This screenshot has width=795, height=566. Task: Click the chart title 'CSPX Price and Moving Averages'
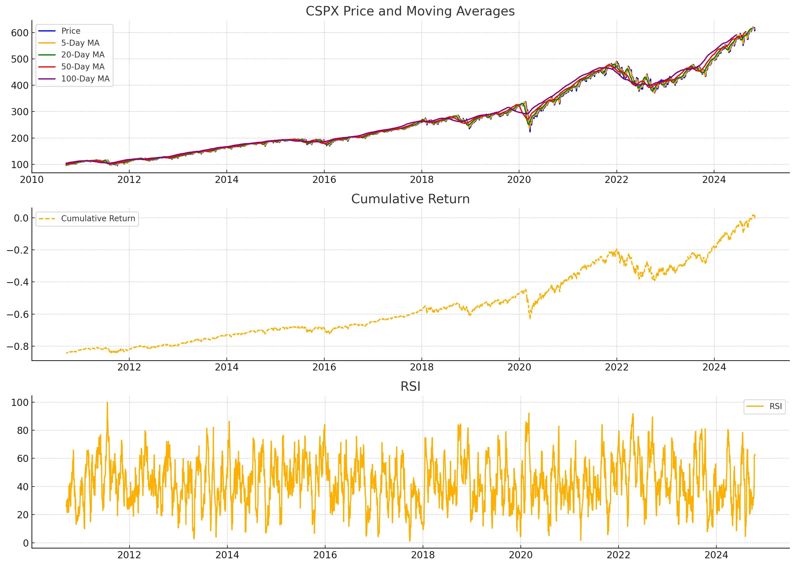(410, 11)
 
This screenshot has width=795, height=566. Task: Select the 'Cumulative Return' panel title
(410, 199)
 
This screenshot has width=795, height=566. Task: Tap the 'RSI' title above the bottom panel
(410, 386)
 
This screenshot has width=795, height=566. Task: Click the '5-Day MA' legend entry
(80, 43)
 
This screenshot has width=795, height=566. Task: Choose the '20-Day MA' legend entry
(83, 55)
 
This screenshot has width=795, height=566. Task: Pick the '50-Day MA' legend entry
(83, 67)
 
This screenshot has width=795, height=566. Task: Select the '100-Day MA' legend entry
(85, 79)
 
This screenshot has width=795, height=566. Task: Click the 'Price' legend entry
(71, 31)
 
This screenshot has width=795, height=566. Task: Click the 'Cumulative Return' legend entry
(98, 218)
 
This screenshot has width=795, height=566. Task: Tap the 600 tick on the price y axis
(19, 33)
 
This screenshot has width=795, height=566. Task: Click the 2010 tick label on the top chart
(32, 180)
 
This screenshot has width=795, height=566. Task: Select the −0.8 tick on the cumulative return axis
(17, 346)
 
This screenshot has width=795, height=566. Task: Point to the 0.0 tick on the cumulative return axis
(21, 218)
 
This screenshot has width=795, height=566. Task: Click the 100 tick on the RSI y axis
(19, 402)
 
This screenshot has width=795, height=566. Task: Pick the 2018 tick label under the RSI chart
(423, 555)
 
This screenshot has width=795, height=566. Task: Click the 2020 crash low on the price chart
(530, 131)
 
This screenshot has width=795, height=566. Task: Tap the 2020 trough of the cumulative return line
(530, 318)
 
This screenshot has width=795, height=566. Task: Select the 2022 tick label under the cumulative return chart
(617, 367)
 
